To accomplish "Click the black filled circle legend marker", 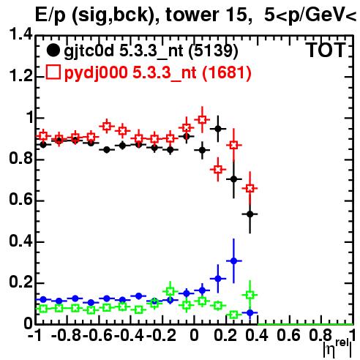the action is click(x=53, y=51).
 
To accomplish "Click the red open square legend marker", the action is click(x=53, y=72).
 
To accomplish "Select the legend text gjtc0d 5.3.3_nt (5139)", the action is click(x=151, y=51).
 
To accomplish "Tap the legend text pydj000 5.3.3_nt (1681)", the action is click(x=158, y=73).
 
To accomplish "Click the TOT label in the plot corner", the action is click(x=326, y=50).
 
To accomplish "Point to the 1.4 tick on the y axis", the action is click(x=20, y=34).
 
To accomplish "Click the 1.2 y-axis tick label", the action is click(x=20, y=76).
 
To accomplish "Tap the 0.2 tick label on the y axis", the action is click(x=20, y=282).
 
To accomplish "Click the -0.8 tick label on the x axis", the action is click(x=67, y=335).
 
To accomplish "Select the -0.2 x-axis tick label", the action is click(x=161, y=335).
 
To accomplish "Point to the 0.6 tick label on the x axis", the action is click(x=288, y=335).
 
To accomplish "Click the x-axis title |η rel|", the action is click(x=337, y=348).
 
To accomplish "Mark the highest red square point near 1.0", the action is click(x=202, y=119).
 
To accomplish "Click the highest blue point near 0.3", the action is click(x=233, y=261).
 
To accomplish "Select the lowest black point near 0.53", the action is click(x=250, y=214).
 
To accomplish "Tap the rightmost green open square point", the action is click(x=250, y=295).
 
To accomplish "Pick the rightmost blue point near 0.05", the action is click(x=250, y=312).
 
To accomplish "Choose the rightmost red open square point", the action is click(x=250, y=188).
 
